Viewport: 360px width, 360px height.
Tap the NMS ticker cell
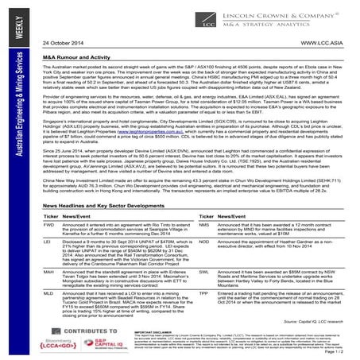(x=203, y=225)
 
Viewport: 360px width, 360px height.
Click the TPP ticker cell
(x=203, y=295)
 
